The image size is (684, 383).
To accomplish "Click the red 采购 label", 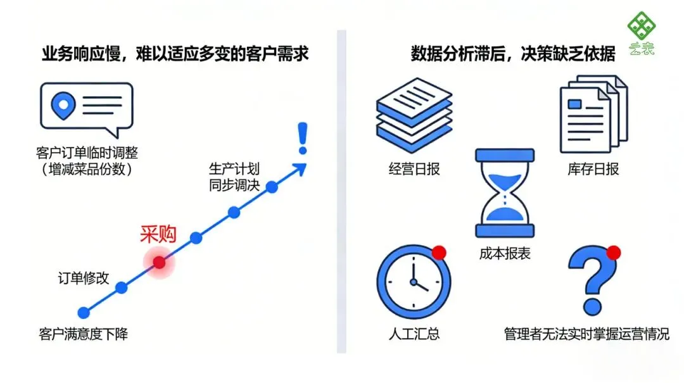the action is coord(158,235).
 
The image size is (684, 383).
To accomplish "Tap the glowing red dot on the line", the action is coord(159,262).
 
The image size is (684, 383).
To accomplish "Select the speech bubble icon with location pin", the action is coord(86,109).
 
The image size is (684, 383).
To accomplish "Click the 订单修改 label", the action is coord(84,278).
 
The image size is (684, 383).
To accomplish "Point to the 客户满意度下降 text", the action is coord(83,334).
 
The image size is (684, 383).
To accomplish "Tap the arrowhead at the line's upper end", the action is coord(299,167).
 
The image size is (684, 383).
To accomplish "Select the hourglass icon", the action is coord(505,193).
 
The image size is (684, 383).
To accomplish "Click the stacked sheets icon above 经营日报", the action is coord(414,115).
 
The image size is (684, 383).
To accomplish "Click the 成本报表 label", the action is coord(505,254).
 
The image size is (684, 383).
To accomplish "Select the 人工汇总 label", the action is coord(414,334).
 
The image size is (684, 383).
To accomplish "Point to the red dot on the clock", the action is coord(438,253).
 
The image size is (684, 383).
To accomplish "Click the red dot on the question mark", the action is coord(613,253).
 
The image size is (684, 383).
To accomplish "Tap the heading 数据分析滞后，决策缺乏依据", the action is coord(512,54).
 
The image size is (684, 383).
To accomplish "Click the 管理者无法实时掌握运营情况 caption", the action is coord(586,334).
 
